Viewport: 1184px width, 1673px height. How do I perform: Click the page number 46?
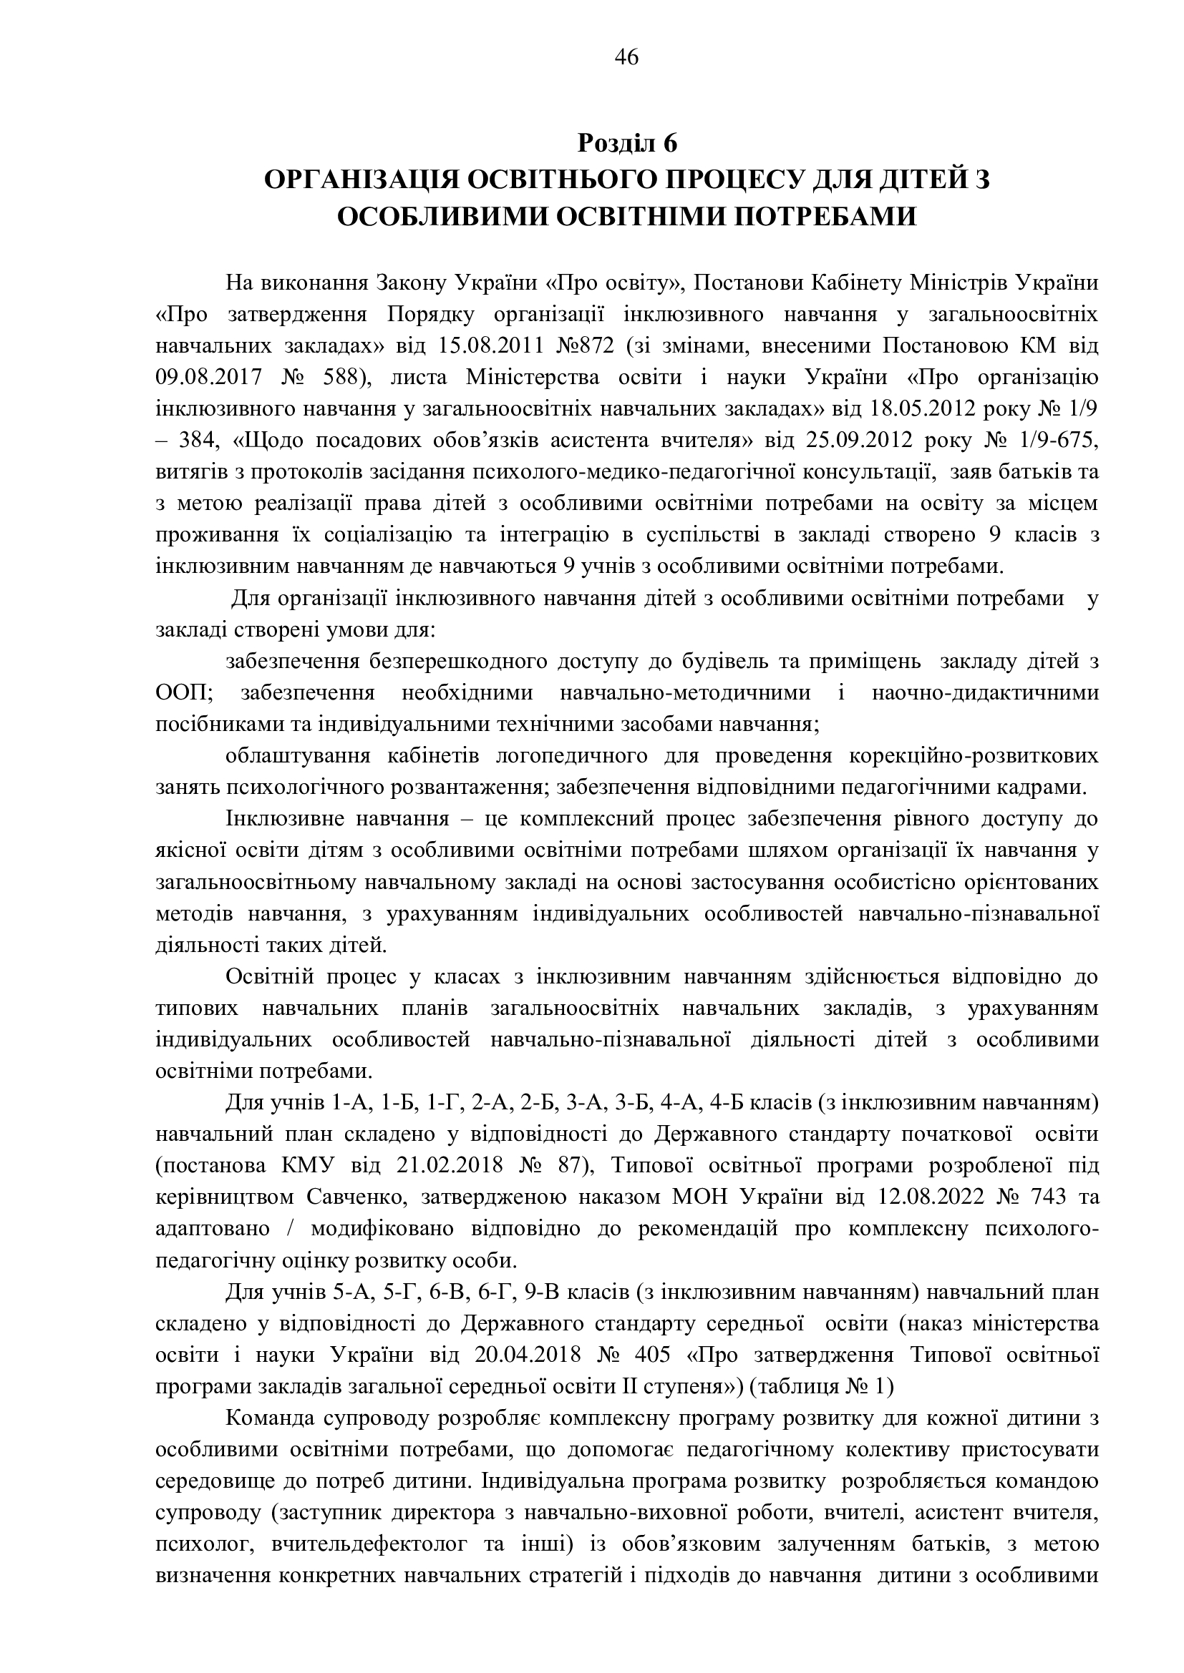(627, 57)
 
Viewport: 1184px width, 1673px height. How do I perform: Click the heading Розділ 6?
(627, 144)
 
